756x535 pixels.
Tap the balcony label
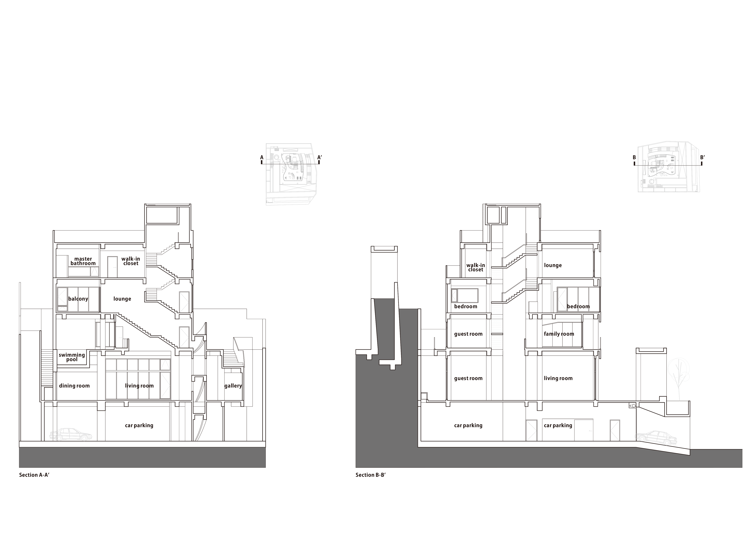(x=78, y=299)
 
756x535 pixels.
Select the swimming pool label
(x=72, y=357)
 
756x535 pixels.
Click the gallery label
(x=233, y=386)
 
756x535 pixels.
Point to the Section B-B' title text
(x=370, y=475)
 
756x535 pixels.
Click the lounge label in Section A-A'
(x=122, y=299)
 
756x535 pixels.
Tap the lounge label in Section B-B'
(x=553, y=265)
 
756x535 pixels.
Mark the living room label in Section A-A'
(x=139, y=386)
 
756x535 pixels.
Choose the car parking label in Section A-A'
(x=139, y=425)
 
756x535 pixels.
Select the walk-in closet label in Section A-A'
(x=131, y=261)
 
